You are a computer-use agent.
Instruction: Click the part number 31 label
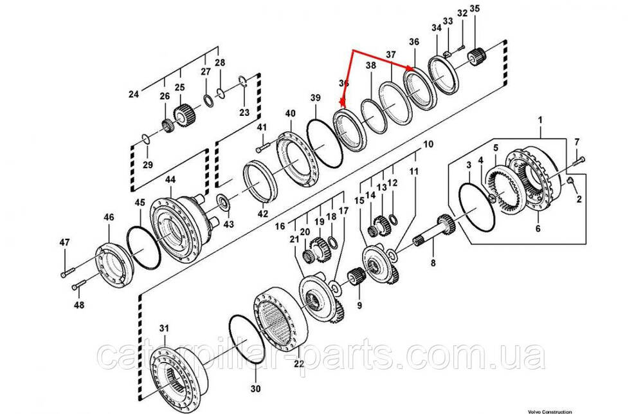[164, 328]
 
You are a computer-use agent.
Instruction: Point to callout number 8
[433, 263]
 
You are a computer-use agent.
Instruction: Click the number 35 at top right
[475, 8]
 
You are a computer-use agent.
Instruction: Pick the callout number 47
[64, 242]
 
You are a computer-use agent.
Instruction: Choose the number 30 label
[256, 389]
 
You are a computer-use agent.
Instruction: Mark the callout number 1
[540, 120]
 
